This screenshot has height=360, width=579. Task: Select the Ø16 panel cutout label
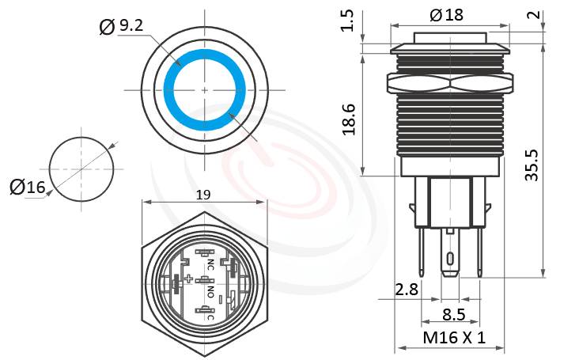click(27, 187)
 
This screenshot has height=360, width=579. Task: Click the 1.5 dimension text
click(347, 21)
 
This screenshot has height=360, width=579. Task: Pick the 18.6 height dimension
click(347, 119)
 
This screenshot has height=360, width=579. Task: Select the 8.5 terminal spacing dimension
click(453, 314)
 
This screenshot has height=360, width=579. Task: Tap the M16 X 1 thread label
click(453, 338)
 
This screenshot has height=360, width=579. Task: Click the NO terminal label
click(210, 293)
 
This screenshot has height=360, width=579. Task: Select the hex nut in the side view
click(448, 82)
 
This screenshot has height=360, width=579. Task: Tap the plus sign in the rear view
click(189, 279)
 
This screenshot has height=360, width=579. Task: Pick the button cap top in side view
click(448, 36)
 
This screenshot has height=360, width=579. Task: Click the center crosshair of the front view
click(205, 91)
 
